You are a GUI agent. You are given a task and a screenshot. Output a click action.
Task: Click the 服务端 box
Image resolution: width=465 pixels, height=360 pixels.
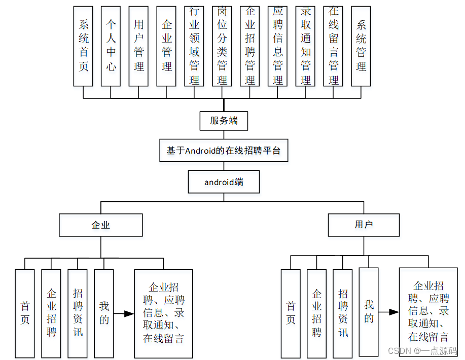[224, 121]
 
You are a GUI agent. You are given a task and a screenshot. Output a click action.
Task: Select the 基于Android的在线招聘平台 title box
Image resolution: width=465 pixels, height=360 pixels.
[224, 151]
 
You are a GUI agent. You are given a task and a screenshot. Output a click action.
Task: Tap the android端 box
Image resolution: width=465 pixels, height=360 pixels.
[224, 182]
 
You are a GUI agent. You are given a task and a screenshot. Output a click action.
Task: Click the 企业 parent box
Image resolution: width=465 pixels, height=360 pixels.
[101, 225]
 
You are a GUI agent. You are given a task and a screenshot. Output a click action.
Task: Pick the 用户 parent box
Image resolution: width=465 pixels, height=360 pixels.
[364, 225]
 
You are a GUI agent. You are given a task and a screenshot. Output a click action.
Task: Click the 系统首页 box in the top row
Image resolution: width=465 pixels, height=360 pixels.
[83, 46]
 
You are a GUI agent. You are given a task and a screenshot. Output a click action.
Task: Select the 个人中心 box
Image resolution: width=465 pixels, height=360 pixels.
[111, 46]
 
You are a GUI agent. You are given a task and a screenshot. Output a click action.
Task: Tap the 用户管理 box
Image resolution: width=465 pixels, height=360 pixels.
[139, 46]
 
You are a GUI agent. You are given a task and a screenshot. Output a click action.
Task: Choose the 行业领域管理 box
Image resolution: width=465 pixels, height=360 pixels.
[194, 46]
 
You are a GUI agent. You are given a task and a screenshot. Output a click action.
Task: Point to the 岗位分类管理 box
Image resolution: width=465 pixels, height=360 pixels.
[222, 46]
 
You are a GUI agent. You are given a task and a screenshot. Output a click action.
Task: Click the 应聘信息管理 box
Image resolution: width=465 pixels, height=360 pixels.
[278, 46]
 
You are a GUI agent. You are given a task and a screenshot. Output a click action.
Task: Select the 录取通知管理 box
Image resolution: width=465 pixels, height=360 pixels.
[306, 46]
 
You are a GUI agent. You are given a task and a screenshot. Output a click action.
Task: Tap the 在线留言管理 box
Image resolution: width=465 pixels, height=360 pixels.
[334, 46]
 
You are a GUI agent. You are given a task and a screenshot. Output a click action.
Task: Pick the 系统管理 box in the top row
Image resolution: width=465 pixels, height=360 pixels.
[361, 46]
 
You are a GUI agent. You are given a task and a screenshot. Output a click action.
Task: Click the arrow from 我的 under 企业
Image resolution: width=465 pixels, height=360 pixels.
[123, 314]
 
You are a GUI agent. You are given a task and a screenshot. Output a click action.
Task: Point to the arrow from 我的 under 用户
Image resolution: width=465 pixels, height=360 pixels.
[388, 312]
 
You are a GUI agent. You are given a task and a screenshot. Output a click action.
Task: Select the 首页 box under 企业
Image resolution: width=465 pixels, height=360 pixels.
[25, 313]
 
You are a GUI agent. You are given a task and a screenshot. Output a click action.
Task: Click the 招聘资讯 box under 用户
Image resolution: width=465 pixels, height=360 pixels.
[343, 313]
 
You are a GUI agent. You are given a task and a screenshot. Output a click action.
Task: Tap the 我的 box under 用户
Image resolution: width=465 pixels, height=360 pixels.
[369, 311]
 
